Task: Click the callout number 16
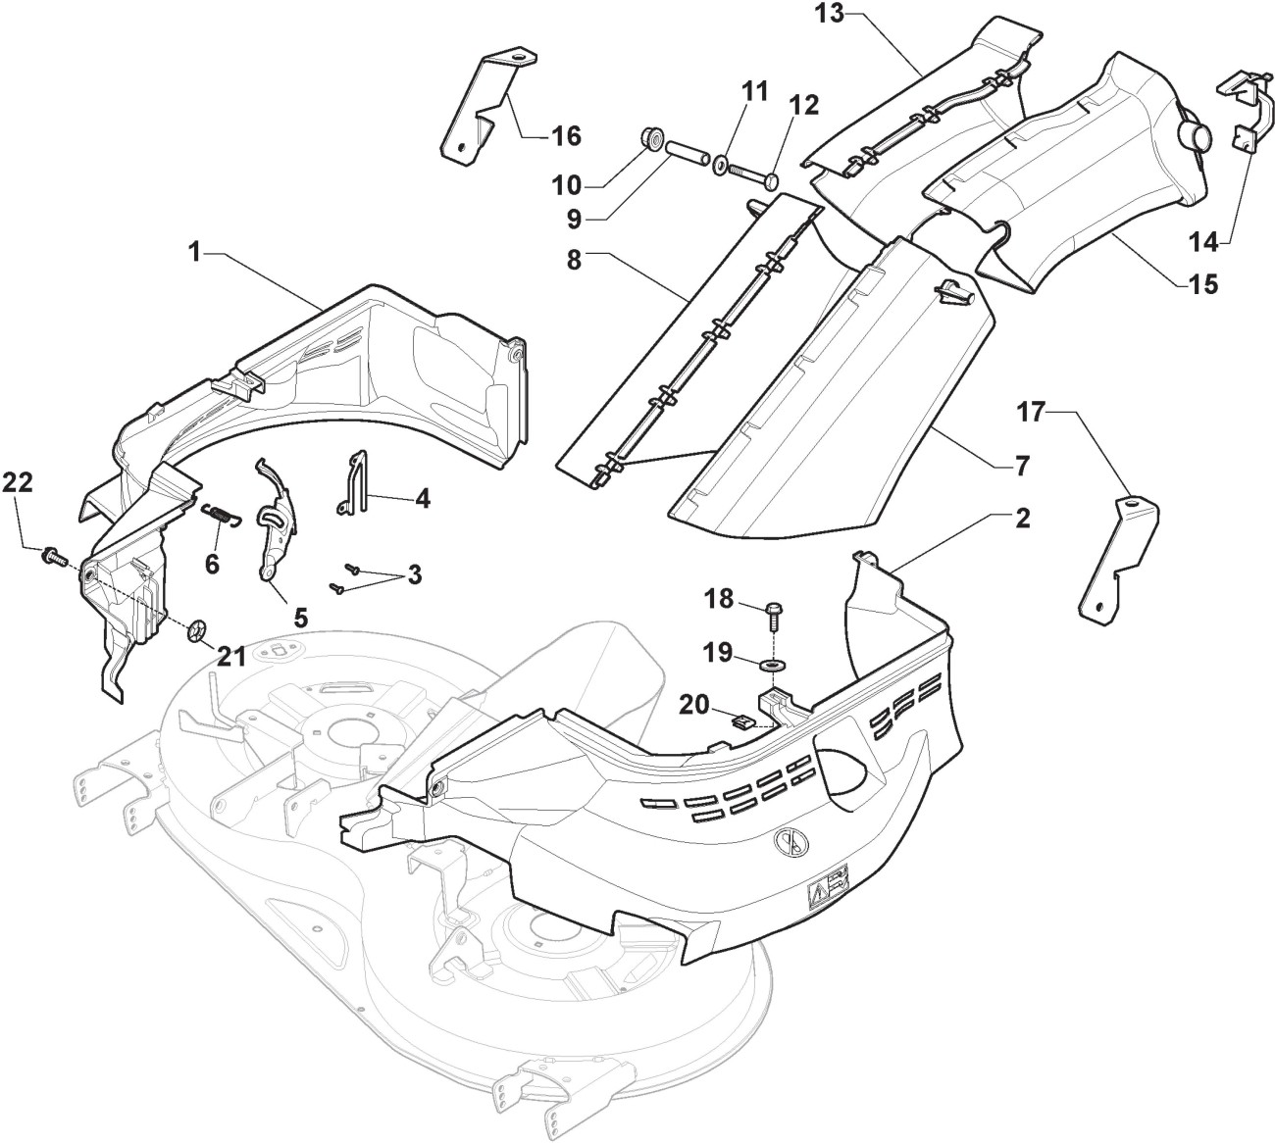pyautogui.click(x=566, y=135)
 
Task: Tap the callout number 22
pyautogui.click(x=18, y=481)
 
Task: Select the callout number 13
pyautogui.click(x=830, y=14)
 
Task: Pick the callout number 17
pyautogui.click(x=1034, y=414)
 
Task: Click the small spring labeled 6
pyautogui.click(x=222, y=513)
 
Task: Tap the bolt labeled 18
pyautogui.click(x=771, y=615)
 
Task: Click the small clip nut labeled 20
pyautogui.click(x=754, y=722)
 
